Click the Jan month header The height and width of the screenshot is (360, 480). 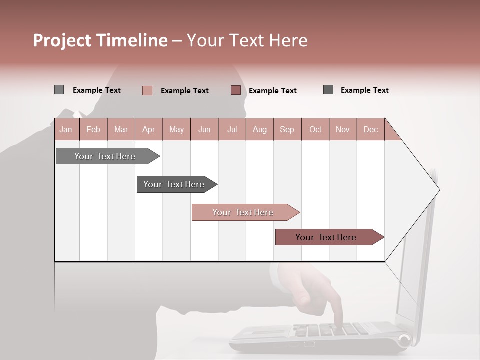(x=66, y=129)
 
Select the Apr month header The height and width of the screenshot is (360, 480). (x=148, y=129)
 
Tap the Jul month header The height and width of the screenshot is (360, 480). (x=232, y=129)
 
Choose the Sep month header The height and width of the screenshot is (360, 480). (x=287, y=129)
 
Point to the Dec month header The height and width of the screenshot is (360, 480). (x=370, y=129)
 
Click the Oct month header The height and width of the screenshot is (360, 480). (x=315, y=129)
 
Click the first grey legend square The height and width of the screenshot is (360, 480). (x=59, y=90)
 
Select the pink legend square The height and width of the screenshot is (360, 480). (x=147, y=90)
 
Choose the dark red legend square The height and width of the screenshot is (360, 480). (x=236, y=90)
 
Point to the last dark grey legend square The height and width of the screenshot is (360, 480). (x=328, y=90)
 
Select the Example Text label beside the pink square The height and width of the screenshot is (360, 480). (x=184, y=90)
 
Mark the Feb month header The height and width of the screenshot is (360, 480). (x=93, y=129)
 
